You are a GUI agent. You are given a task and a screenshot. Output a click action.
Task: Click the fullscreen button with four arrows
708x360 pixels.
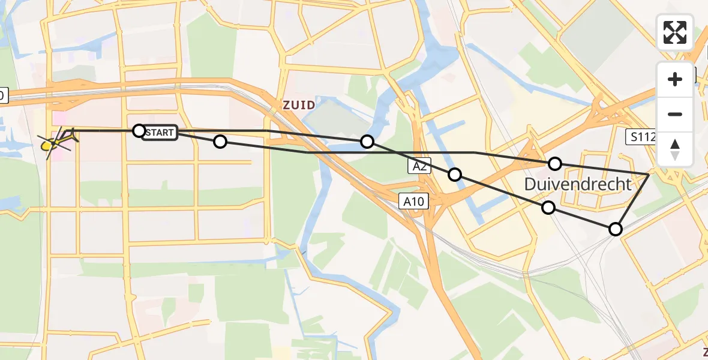pos(675,32)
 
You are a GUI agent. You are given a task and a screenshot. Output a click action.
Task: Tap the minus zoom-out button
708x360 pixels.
pos(675,114)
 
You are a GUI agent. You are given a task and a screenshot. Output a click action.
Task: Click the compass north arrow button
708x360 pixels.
pos(675,149)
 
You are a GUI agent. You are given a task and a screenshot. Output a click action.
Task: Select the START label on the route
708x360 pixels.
pos(160,133)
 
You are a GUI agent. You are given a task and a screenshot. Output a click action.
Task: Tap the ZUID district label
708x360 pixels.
pos(298,105)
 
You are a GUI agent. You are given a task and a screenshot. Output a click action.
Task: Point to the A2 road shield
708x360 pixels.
pos(420,167)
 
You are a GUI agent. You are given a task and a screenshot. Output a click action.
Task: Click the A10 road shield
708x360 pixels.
pos(415,202)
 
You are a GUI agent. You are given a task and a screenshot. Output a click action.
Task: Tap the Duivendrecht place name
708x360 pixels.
pos(578,184)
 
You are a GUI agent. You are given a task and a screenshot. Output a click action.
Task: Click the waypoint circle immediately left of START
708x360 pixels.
pos(139,130)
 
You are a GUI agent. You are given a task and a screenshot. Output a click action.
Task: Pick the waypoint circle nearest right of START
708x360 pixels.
pos(220,142)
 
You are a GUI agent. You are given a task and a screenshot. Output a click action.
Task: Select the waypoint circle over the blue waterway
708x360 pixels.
pos(367,142)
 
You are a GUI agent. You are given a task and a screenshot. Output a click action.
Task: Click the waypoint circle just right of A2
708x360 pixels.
pos(455,174)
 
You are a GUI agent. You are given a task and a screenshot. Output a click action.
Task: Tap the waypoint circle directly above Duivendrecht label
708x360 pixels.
pos(555,163)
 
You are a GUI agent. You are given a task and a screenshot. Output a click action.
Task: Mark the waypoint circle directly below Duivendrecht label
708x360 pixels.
pos(548,208)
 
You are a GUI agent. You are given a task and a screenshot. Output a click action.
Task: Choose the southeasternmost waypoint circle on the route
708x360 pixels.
pos(616,229)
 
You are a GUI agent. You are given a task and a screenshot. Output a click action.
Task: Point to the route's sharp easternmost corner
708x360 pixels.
pos(649,174)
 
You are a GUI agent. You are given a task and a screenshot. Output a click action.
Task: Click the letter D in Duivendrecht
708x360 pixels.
pos(531,184)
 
